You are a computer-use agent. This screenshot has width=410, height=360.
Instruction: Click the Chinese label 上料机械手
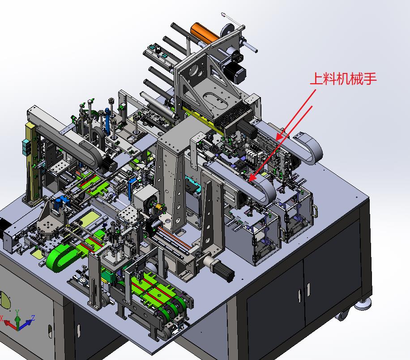click(x=343, y=79)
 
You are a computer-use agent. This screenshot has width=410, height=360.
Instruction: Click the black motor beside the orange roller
click(x=235, y=69)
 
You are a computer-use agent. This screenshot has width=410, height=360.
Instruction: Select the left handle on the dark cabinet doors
click(x=298, y=296)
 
